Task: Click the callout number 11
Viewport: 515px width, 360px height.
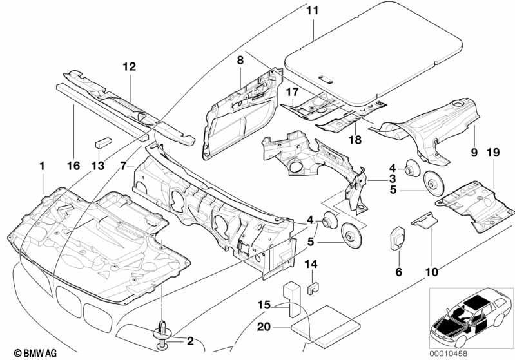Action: (x=313, y=11)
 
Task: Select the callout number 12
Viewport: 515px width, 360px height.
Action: (x=130, y=67)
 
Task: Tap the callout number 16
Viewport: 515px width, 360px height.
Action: (x=73, y=166)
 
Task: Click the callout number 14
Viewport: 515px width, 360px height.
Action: (x=311, y=264)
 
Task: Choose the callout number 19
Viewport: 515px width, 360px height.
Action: (x=493, y=153)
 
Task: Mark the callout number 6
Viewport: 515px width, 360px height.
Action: (x=399, y=272)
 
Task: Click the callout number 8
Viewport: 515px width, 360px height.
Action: (x=240, y=61)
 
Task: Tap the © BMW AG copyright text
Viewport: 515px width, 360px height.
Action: (x=35, y=353)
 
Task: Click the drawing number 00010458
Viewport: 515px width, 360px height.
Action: (x=449, y=354)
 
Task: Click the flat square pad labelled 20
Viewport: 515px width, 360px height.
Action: (x=325, y=325)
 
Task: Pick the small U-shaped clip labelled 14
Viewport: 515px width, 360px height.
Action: (x=313, y=288)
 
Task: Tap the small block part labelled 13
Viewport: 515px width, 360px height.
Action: (x=104, y=143)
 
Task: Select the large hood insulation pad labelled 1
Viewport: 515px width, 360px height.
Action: (x=99, y=245)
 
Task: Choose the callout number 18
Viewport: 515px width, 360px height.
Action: (x=355, y=140)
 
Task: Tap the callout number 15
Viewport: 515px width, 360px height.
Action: (x=264, y=305)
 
